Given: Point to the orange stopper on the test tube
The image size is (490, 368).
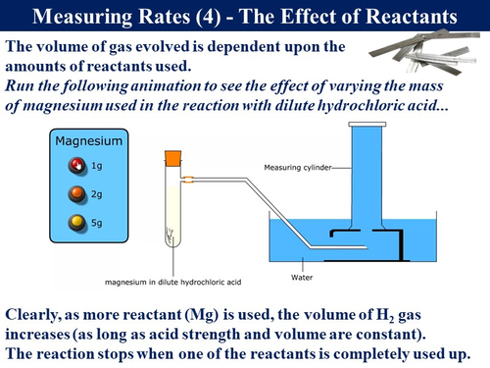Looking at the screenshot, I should click(x=172, y=155).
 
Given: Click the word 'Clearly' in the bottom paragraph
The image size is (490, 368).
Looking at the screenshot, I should click(x=38, y=315).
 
